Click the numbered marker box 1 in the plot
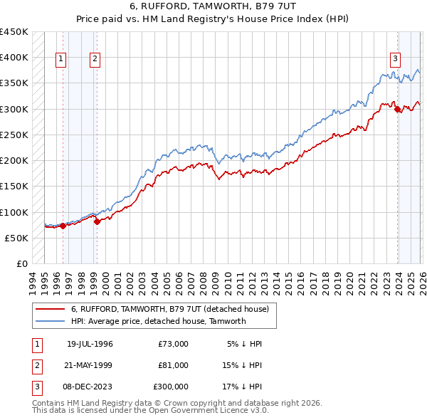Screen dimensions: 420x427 coord(61,60)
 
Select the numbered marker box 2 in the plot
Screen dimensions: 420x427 coord(95,60)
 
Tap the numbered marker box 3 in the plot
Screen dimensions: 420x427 coord(396,60)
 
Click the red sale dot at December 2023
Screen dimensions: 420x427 coord(397,109)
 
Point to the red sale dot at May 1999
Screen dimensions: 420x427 coord(97,221)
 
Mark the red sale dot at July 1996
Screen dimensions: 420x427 coord(63,226)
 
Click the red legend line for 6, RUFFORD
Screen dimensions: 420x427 coord(51,310)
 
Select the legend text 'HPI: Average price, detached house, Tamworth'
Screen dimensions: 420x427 coord(158,321)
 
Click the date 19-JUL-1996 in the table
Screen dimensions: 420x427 coord(90,344)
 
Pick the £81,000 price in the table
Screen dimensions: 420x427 coord(173,365)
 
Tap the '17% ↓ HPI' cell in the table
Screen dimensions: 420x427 coord(243,387)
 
